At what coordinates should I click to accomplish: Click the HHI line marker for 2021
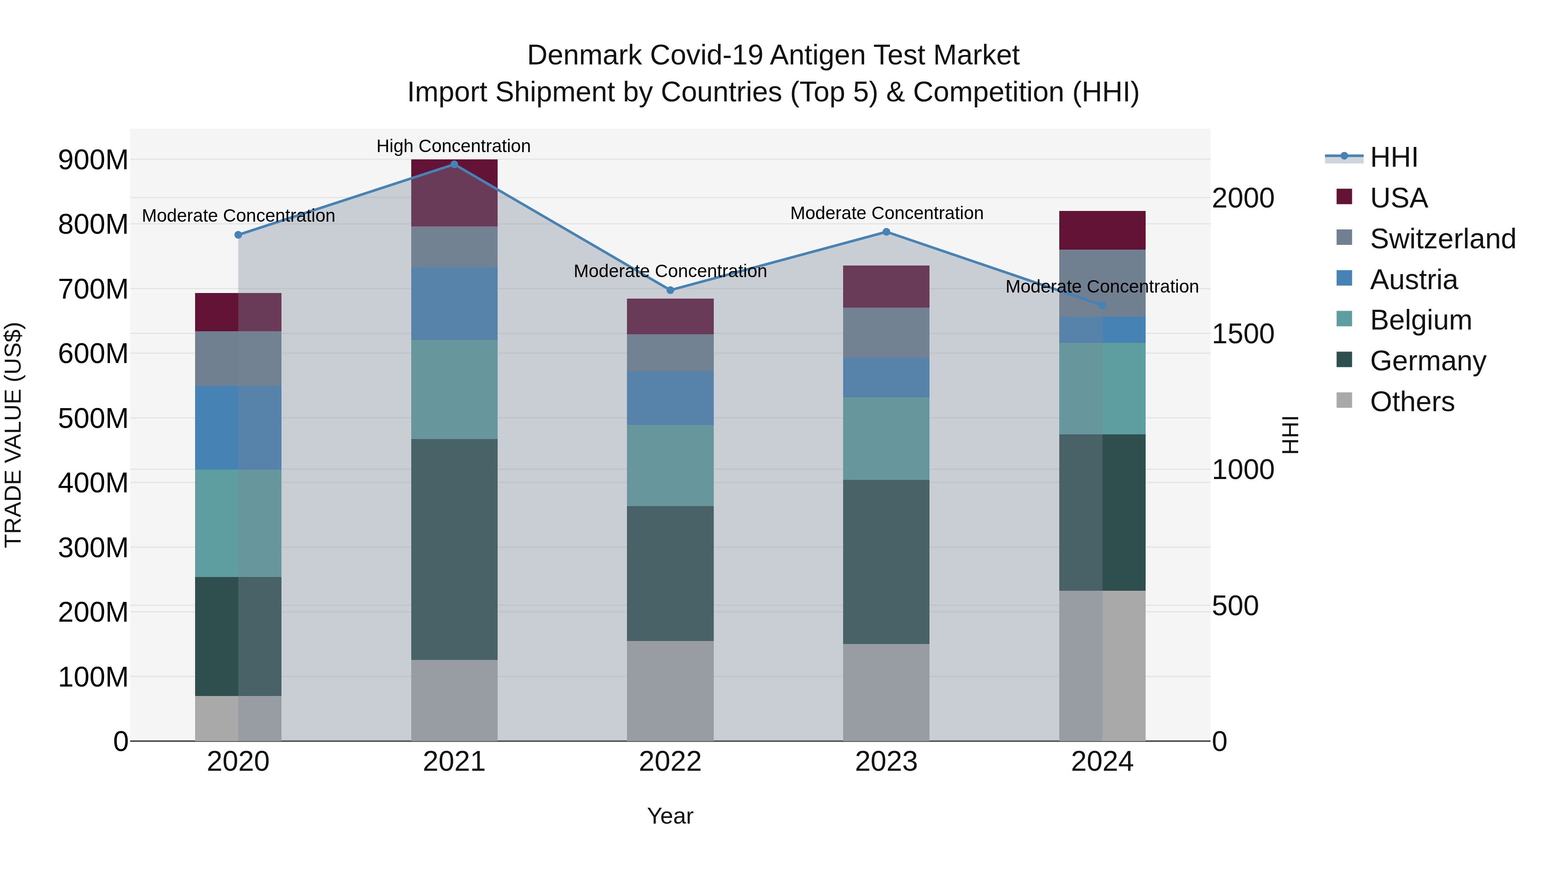pyautogui.click(x=454, y=165)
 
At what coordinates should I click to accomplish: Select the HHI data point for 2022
pyautogui.click(x=670, y=290)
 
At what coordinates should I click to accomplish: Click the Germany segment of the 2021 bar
pyautogui.click(x=454, y=549)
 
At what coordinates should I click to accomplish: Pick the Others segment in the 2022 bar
pyautogui.click(x=670, y=690)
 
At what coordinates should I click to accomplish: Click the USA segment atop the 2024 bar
pyautogui.click(x=1102, y=230)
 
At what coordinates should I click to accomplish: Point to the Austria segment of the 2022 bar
pyautogui.click(x=670, y=398)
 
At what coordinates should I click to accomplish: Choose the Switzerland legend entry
pyautogui.click(x=1442, y=239)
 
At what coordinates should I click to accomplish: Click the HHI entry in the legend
pyautogui.click(x=1393, y=157)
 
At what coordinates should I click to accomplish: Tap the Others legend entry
pyautogui.click(x=1411, y=402)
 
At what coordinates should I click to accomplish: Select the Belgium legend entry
pyautogui.click(x=1420, y=320)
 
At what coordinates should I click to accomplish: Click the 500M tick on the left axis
pyautogui.click(x=93, y=418)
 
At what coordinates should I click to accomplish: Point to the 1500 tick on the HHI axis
pyautogui.click(x=1242, y=334)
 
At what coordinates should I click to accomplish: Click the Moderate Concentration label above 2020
pyautogui.click(x=238, y=216)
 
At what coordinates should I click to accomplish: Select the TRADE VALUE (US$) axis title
pyautogui.click(x=13, y=435)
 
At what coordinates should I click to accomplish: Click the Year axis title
pyautogui.click(x=670, y=816)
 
